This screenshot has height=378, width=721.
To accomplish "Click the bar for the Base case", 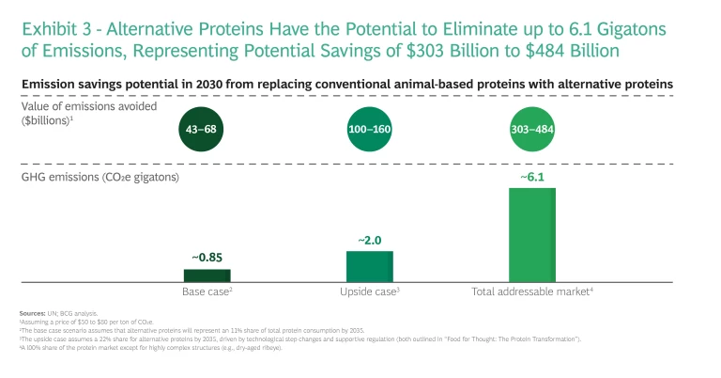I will tap(207, 275).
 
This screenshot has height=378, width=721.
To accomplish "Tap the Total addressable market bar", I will tap(531, 234).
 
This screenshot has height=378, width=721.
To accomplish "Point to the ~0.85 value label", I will tap(207, 258).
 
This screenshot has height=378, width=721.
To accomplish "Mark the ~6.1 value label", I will tap(531, 177).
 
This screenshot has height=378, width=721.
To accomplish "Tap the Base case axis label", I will tap(207, 292).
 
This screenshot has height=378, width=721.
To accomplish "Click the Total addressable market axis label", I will tap(531, 292).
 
